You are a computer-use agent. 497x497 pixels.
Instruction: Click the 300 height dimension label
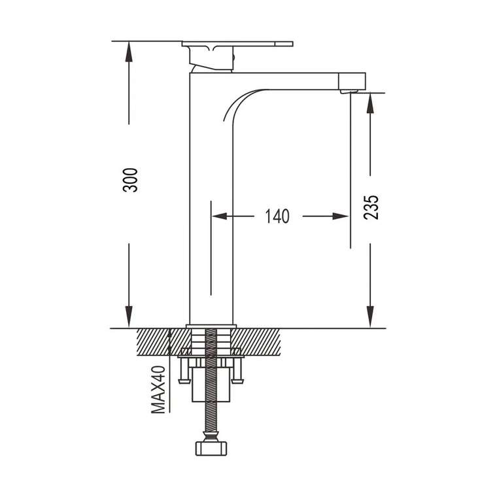click(130, 180)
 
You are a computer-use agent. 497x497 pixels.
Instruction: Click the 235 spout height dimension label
click(371, 207)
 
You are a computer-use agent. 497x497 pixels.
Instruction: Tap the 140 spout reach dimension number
click(277, 216)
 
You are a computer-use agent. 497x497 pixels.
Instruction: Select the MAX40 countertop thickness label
click(158, 390)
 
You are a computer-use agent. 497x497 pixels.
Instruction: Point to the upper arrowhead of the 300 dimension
click(129, 52)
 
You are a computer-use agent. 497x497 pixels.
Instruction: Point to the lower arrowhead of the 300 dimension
click(129, 317)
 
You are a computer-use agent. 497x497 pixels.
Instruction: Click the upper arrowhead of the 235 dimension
click(370, 103)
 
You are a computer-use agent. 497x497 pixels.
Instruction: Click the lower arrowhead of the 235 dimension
click(370, 317)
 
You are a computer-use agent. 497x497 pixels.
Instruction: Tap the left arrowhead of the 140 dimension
click(220, 216)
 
